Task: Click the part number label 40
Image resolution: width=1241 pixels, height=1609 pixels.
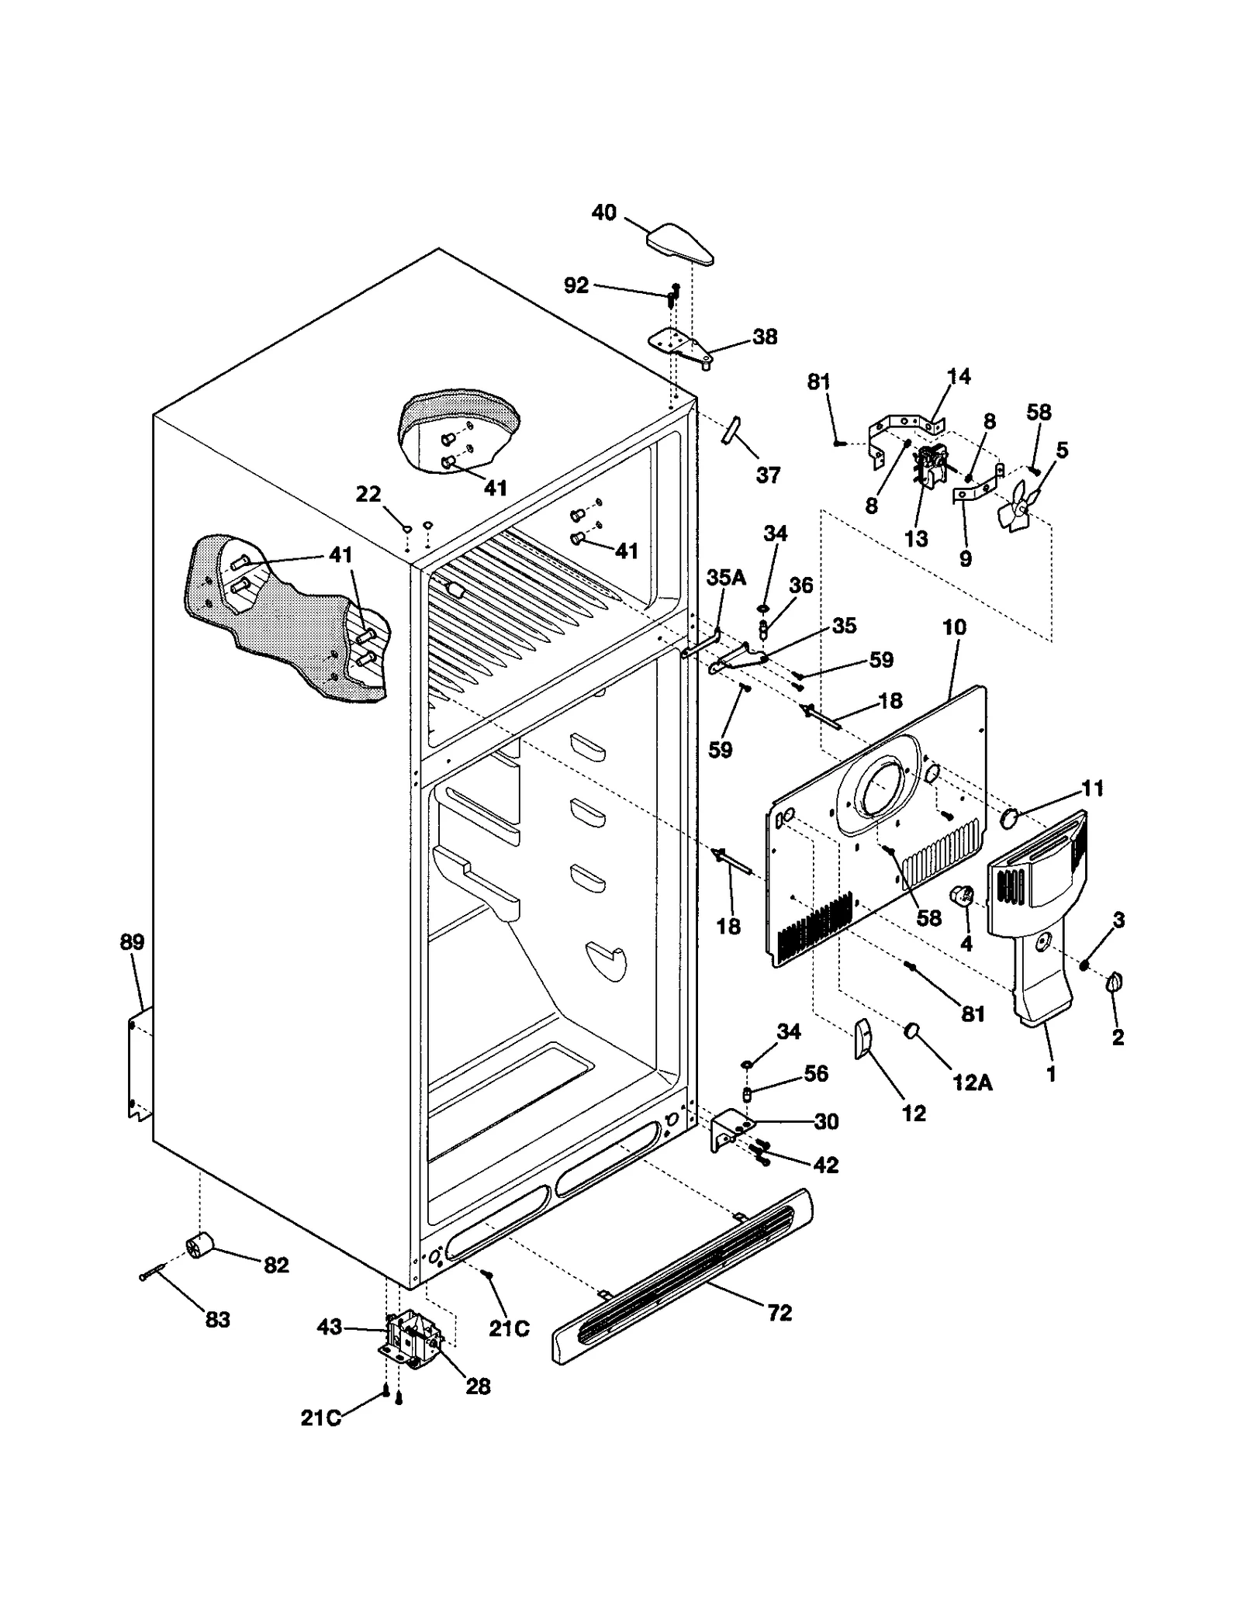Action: (x=603, y=212)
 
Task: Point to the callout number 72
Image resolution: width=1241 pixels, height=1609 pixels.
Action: (x=780, y=1313)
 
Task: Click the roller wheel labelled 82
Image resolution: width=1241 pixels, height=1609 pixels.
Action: (x=200, y=1246)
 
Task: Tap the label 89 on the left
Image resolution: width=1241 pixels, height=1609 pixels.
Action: (x=132, y=943)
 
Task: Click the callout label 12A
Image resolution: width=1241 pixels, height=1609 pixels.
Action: (x=972, y=1082)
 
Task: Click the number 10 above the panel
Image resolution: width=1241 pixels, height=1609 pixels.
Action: (x=954, y=627)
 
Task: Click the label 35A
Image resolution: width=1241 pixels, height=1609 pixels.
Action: (x=726, y=578)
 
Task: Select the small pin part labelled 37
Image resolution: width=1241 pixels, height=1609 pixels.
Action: (x=733, y=430)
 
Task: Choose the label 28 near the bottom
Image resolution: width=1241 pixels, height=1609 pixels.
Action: (x=478, y=1386)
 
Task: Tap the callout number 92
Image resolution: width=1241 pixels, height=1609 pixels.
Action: (x=576, y=285)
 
